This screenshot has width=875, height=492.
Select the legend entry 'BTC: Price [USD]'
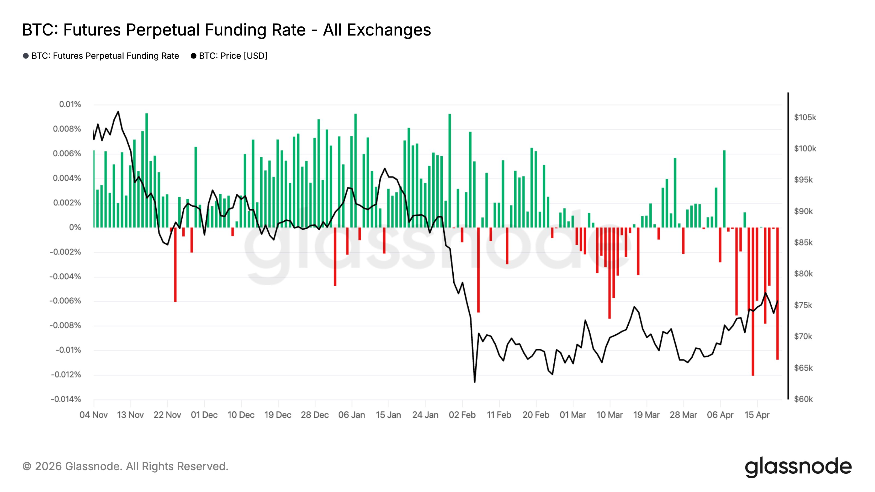click(229, 56)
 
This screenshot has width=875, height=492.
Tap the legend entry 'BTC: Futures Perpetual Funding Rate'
click(101, 56)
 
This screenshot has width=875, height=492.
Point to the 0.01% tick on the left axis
click(70, 104)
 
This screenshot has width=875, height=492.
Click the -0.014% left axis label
click(66, 399)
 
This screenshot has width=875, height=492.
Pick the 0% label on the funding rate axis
click(75, 227)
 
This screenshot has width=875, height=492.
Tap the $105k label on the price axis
click(805, 118)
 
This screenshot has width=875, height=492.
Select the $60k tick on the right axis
click(803, 399)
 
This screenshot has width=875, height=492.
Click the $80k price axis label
click(803, 274)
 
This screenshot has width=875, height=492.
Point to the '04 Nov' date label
click(94, 415)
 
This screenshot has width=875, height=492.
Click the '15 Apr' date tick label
click(757, 415)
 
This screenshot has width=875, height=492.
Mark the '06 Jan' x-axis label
click(352, 415)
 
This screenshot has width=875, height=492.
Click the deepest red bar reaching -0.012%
click(753, 301)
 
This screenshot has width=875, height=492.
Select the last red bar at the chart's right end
click(777, 293)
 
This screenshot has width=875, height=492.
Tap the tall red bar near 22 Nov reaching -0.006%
click(175, 265)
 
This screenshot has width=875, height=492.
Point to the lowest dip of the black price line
click(474, 382)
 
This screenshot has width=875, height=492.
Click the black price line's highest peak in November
click(118, 111)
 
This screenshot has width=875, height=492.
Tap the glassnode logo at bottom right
click(798, 467)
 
